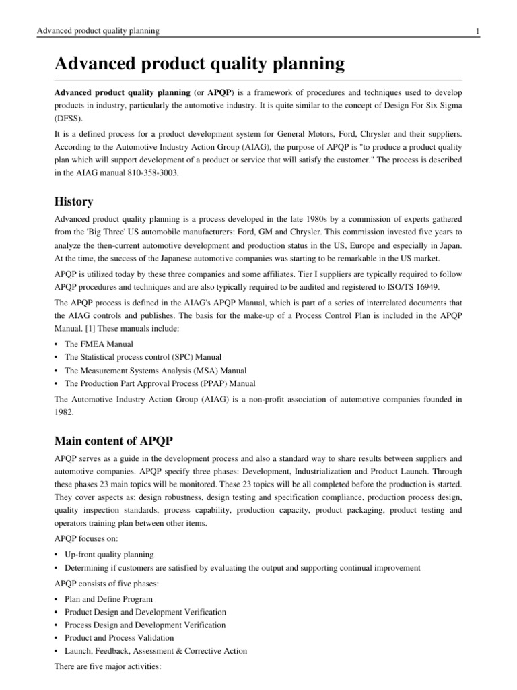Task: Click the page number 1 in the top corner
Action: pyautogui.click(x=477, y=31)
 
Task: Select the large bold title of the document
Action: pyautogui.click(x=200, y=65)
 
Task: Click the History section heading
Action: pyautogui.click(x=73, y=201)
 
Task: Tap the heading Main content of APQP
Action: pyautogui.click(x=114, y=422)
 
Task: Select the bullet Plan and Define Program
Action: pyautogui.click(x=108, y=599)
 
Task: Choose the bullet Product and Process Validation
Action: pyautogui.click(x=118, y=637)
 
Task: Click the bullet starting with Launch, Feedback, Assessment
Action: pyautogui.click(x=156, y=651)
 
